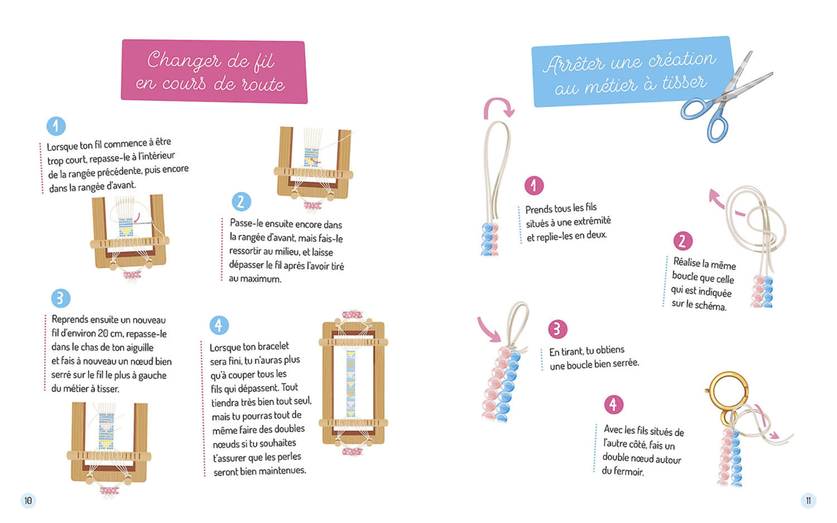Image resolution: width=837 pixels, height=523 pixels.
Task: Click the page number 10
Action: (28, 501)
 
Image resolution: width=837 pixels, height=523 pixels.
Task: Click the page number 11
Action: (808, 501)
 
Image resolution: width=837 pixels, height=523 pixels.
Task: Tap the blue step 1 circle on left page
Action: (56, 126)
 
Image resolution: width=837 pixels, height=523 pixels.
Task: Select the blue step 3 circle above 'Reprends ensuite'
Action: (61, 298)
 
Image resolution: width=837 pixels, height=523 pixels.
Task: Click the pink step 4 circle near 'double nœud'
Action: (614, 404)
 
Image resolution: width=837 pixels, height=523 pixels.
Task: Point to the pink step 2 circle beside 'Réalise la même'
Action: (683, 241)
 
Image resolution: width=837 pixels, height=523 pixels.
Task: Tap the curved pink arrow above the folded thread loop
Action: (499, 106)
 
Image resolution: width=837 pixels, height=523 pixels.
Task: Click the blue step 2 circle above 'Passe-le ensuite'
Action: (241, 202)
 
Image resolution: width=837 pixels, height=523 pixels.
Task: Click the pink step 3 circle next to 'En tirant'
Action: (558, 329)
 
